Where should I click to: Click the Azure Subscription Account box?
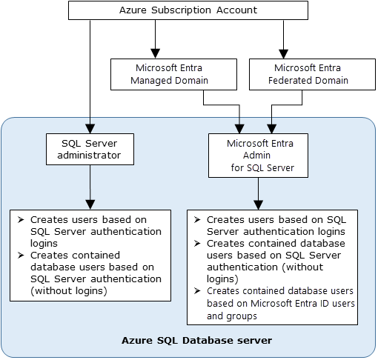(x=188, y=10)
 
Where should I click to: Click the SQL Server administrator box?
(x=89, y=149)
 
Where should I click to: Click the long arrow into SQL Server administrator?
(x=90, y=74)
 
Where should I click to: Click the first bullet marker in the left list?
(x=21, y=220)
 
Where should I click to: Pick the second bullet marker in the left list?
(x=21, y=256)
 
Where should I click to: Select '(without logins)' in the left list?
(x=69, y=290)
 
